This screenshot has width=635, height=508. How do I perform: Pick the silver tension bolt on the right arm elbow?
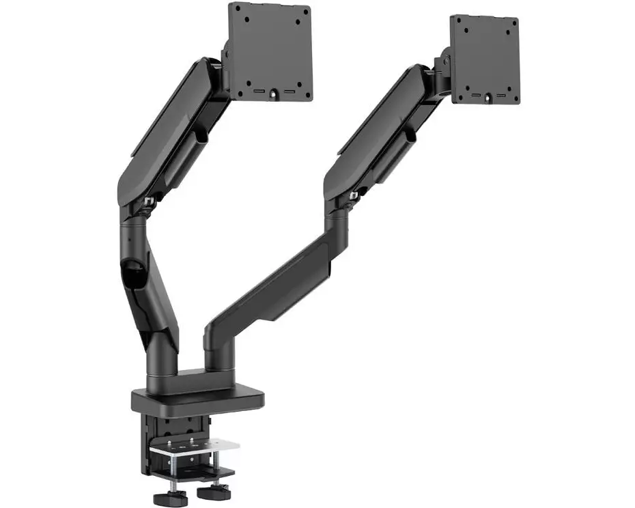353,196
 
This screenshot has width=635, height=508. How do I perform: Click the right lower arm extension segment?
273,287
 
